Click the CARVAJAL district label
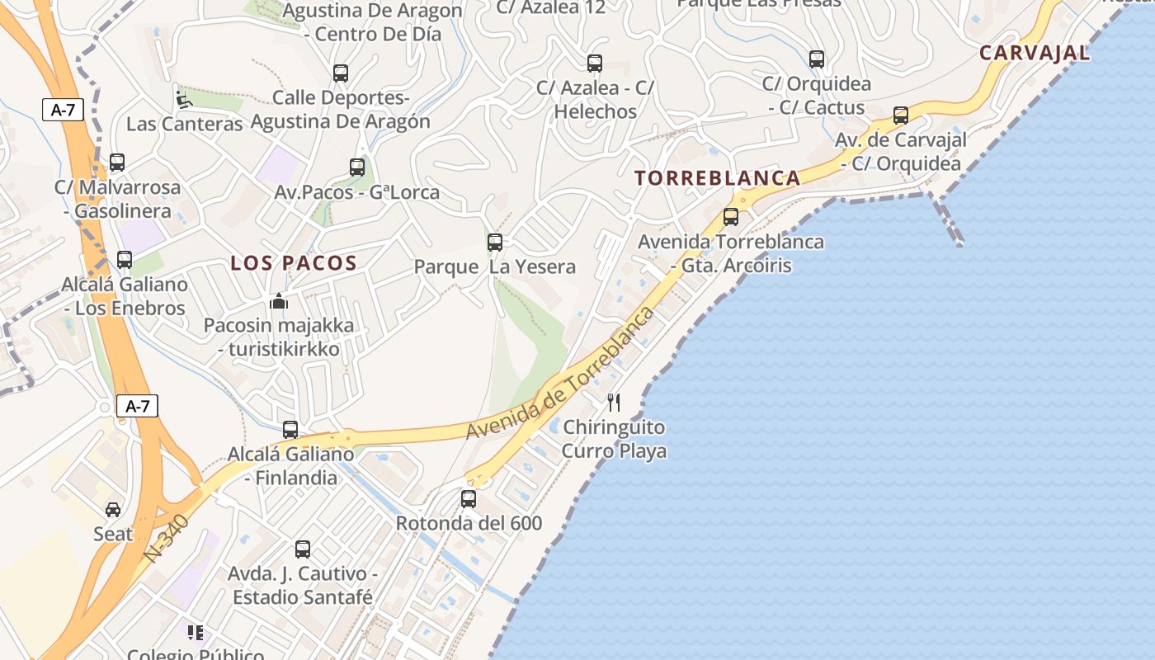point(1035,53)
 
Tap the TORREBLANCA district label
point(717,177)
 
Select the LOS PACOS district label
point(293,263)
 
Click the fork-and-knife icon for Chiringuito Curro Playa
point(613,403)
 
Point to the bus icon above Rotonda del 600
point(469,498)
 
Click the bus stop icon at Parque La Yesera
point(495,242)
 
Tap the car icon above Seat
point(113,509)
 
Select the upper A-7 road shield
point(64,110)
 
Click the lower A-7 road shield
point(137,406)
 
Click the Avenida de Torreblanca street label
point(561,373)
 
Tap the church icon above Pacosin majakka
point(279,301)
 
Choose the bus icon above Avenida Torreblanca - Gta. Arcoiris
point(731,217)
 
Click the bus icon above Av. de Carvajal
point(901,115)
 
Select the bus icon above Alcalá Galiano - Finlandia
point(290,429)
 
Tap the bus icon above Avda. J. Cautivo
point(303,549)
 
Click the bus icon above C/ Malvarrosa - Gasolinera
point(117,162)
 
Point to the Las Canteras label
point(184,124)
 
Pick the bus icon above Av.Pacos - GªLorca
point(357,167)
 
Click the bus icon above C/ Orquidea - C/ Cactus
point(817,59)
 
